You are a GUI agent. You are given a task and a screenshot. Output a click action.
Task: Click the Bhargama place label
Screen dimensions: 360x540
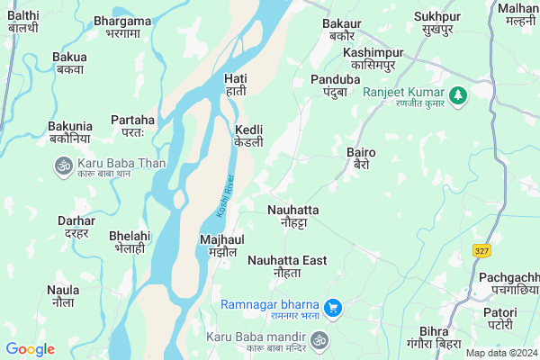122,25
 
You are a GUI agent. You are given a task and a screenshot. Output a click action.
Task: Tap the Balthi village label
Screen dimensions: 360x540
22,22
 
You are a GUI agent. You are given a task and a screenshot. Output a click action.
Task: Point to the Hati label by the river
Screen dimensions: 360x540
235,85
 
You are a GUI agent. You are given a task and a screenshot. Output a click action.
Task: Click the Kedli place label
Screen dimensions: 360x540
249,136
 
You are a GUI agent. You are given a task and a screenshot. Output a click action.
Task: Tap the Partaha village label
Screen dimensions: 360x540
132,125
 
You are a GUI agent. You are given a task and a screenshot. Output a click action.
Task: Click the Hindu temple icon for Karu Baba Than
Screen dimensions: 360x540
63,166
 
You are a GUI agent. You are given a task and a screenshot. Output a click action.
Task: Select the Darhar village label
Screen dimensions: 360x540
76,226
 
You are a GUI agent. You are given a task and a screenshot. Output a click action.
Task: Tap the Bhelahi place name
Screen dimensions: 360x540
129,241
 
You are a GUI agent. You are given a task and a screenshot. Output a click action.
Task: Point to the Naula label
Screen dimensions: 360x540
63,296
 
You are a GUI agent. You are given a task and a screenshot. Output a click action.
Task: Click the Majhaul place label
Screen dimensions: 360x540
220,246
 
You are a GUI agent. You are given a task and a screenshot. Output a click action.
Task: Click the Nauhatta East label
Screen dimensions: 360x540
287,265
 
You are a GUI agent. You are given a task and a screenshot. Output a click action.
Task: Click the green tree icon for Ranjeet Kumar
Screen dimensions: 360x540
458,94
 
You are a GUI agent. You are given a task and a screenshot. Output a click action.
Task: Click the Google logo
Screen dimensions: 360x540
30,349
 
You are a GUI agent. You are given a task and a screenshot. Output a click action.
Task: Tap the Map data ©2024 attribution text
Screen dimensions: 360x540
500,353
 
